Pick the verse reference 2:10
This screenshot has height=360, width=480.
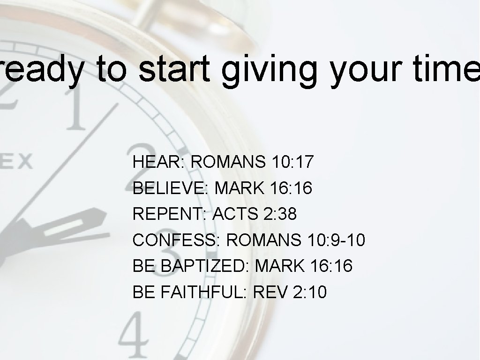(309, 292)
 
